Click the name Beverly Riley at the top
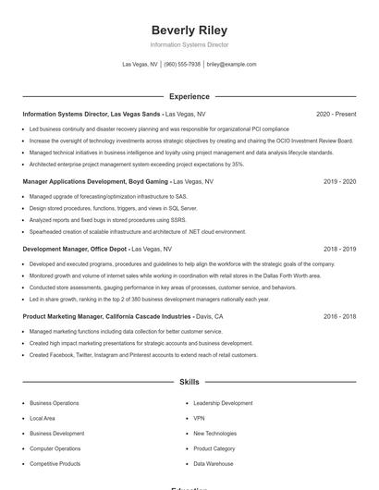pyautogui.click(x=189, y=30)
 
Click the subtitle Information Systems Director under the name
pyautogui.click(x=189, y=44)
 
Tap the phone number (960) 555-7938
pyautogui.click(x=182, y=65)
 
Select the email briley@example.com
pyautogui.click(x=231, y=65)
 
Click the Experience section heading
pyautogui.click(x=189, y=96)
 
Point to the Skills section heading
pyautogui.click(x=189, y=381)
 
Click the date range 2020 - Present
pyautogui.click(x=336, y=114)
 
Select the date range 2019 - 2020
pyautogui.click(x=339, y=181)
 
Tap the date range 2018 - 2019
pyautogui.click(x=339, y=249)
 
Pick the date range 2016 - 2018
pyautogui.click(x=339, y=316)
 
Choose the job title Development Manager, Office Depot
pyautogui.click(x=75, y=249)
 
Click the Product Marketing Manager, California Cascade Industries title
pyautogui.click(x=106, y=316)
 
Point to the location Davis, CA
pyautogui.click(x=209, y=316)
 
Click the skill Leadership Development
pyautogui.click(x=223, y=403)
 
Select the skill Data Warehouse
pyautogui.click(x=213, y=463)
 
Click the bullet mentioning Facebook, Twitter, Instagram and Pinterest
pyautogui.click(x=142, y=355)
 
